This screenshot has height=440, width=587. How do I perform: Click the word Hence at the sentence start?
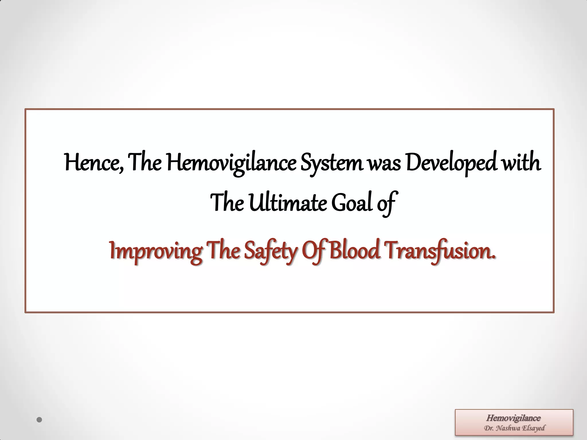tap(93, 163)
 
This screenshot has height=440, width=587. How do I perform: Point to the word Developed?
tap(451, 163)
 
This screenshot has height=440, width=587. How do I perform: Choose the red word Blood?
tap(355, 250)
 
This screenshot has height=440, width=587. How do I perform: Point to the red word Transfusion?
tap(440, 250)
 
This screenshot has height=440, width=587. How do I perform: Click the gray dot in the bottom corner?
tap(40, 420)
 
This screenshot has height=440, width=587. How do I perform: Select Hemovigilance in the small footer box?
tap(513, 418)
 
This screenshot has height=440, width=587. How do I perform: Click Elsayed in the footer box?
tap(533, 428)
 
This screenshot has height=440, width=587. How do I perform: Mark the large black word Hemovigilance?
tap(231, 163)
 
